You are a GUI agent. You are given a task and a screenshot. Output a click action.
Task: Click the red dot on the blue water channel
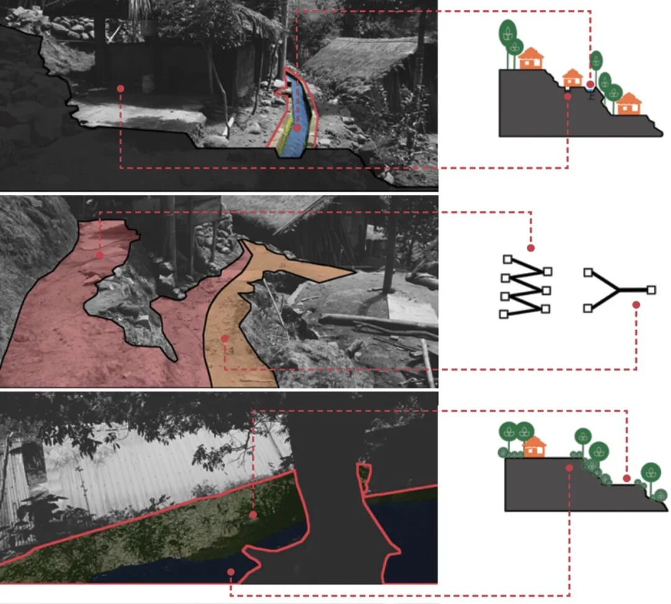click(x=297, y=127)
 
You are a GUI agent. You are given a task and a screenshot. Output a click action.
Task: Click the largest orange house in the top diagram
click(x=531, y=58)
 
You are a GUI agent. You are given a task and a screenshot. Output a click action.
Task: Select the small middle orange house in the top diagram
click(x=572, y=78)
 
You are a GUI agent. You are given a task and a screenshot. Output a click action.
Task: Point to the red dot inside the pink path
click(x=99, y=255)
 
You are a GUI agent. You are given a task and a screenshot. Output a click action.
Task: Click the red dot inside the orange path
click(x=224, y=338)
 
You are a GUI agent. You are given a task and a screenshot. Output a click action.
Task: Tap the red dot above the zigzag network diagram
click(x=531, y=248)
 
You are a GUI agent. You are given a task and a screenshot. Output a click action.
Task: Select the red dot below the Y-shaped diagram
click(x=636, y=305)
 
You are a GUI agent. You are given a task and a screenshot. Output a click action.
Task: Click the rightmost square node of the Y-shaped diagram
click(x=650, y=289)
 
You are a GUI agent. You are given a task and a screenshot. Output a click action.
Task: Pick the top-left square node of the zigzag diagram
click(x=507, y=259)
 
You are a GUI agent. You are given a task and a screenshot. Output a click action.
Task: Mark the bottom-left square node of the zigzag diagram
click(x=504, y=314)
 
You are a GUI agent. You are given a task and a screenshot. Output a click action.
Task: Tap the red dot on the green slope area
click(x=253, y=515)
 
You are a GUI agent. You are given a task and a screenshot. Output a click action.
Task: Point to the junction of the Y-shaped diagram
click(x=618, y=289)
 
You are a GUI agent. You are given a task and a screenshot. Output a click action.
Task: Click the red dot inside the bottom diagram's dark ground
click(x=569, y=467)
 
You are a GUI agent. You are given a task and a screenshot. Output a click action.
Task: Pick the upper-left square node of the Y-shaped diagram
click(x=588, y=272)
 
